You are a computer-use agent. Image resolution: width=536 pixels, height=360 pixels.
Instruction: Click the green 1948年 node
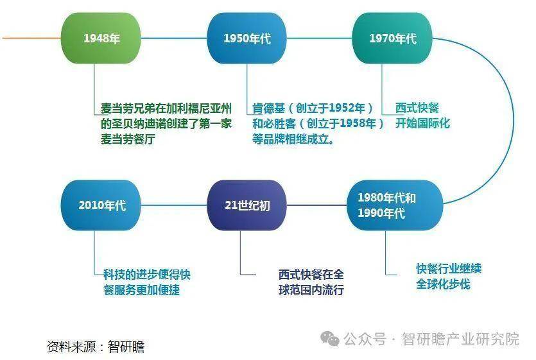pyautogui.click(x=101, y=39)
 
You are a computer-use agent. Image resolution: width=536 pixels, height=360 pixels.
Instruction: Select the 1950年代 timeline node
pyautogui.click(x=246, y=39)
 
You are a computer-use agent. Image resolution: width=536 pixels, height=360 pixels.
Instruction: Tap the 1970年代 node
pyautogui.click(x=392, y=39)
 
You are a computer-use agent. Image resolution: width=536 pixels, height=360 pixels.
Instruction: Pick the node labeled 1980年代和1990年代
pyautogui.click(x=395, y=205)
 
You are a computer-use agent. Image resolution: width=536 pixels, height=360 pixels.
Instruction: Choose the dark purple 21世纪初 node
pyautogui.click(x=246, y=205)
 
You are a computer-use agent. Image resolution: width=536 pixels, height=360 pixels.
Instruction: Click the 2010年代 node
pyautogui.click(x=101, y=205)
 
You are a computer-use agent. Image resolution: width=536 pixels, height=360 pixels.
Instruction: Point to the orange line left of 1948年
pyautogui.click(x=31, y=39)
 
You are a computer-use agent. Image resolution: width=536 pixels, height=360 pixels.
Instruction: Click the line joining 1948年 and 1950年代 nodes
pyautogui.click(x=174, y=39)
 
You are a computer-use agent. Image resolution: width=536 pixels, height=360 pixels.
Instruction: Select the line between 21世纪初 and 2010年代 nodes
pyautogui.click(x=174, y=205)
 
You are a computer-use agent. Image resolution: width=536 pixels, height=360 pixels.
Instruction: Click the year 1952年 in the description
pyautogui.click(x=348, y=108)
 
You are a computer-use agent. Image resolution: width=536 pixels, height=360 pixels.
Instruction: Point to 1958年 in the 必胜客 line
pyautogui.click(x=359, y=123)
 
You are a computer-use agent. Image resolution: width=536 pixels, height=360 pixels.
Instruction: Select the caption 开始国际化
pyautogui.click(x=422, y=123)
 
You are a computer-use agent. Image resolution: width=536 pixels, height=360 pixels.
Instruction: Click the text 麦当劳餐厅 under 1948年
pyautogui.click(x=128, y=139)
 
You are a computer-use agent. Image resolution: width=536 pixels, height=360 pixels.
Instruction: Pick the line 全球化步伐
pyautogui.click(x=444, y=284)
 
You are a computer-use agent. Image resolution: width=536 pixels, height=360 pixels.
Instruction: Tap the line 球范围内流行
pyautogui.click(x=311, y=290)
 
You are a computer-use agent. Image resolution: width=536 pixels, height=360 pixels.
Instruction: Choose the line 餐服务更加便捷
pyautogui.click(x=141, y=290)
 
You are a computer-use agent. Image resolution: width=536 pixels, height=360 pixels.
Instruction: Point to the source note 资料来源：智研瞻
pyautogui.click(x=96, y=347)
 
